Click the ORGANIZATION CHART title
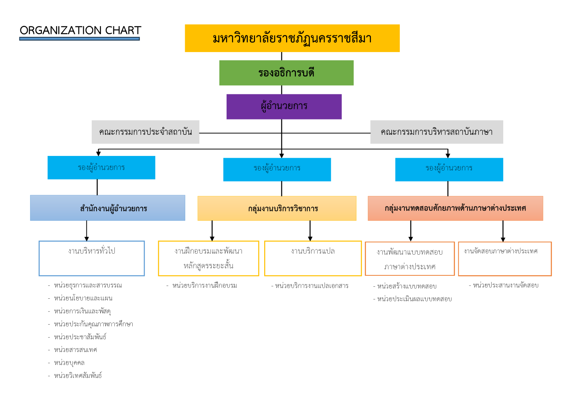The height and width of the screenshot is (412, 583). pos(80,30)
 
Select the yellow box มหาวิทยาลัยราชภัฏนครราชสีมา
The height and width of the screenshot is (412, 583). pos(292,38)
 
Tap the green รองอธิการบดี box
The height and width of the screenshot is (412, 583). pos(286,73)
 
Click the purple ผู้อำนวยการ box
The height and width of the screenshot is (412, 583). pos(284,106)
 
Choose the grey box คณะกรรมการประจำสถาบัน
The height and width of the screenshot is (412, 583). pos(145,132)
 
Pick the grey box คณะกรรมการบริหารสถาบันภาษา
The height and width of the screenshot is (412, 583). pos(437,132)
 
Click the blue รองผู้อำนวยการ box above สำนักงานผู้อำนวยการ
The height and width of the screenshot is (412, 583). pos(101,168)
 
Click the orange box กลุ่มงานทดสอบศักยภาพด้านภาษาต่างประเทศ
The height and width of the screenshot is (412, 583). pos(455,208)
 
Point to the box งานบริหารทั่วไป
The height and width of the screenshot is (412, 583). pos(91,258)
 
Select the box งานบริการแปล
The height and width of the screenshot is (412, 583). pos(313,258)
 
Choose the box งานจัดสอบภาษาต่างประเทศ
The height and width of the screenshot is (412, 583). pos(505,259)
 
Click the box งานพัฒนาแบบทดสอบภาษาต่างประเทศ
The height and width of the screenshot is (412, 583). pos(410,259)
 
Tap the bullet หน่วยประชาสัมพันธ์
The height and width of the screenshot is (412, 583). pos(80,337)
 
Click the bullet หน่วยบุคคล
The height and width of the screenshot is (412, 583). pos(69,363)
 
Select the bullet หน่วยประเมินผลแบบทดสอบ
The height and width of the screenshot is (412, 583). pos(414,299)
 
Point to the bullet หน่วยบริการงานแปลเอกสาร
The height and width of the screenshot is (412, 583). pos(312,286)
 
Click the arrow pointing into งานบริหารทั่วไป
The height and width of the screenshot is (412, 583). pos(87,233)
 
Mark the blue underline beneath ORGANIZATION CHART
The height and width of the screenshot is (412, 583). pos(79,39)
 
